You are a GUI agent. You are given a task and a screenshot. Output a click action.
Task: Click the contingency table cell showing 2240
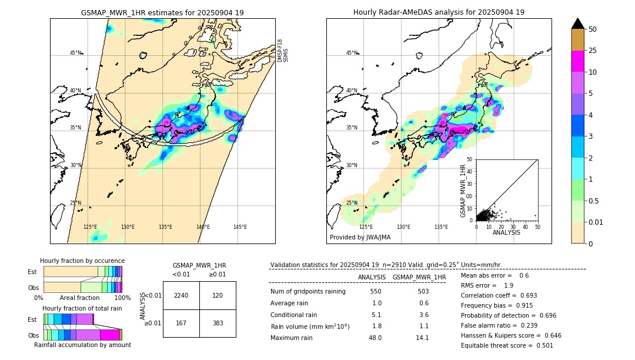point(181,295)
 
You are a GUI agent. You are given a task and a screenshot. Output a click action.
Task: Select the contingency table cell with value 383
point(218,324)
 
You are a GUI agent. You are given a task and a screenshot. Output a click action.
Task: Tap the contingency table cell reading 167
point(181,324)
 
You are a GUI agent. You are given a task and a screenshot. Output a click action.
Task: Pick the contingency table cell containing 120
point(218,295)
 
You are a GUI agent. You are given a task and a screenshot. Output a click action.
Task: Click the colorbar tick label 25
point(593,51)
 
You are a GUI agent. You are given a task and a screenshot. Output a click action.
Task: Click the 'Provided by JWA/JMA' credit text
point(360,237)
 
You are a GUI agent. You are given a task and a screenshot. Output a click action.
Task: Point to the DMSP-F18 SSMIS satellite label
point(283,51)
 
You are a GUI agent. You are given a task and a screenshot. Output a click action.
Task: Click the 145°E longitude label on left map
point(240,227)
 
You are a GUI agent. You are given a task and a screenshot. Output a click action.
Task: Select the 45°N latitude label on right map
point(352,53)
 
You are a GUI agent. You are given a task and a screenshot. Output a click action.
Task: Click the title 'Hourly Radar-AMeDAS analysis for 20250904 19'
point(439,12)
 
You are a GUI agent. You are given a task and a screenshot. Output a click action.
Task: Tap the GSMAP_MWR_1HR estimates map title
point(162,12)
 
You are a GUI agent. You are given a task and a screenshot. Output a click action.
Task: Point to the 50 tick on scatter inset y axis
point(469,159)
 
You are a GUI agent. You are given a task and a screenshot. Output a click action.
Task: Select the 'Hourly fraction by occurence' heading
point(82,261)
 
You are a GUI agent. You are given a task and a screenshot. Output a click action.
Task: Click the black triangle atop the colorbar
point(578,24)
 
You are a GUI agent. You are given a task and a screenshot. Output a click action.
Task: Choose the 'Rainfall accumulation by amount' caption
point(82,345)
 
